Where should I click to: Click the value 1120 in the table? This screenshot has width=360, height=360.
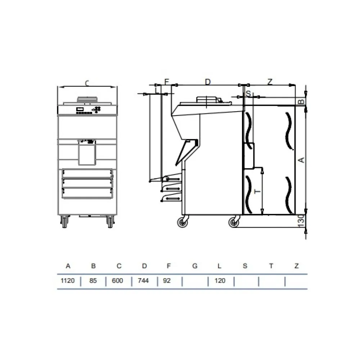[68, 281]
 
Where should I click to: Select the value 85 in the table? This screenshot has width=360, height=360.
[93, 281]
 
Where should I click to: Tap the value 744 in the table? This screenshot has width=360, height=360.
[144, 281]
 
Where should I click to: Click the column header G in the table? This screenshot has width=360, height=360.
[195, 266]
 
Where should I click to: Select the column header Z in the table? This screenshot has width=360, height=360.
[296, 266]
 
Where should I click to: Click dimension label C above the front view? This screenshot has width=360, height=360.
[87, 83]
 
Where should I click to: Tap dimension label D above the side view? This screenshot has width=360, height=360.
[208, 82]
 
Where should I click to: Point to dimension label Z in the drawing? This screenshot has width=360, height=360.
[270, 82]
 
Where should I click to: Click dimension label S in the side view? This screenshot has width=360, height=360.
[248, 93]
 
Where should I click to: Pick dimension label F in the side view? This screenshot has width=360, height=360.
[166, 82]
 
